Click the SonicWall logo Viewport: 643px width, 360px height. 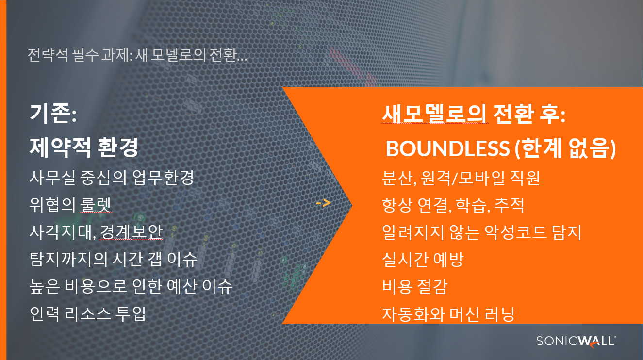tap(576, 342)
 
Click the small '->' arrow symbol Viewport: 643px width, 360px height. tap(324, 203)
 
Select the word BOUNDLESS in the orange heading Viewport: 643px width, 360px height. tap(448, 148)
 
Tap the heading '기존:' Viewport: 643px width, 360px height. tap(53, 114)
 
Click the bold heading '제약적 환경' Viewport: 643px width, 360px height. tap(84, 147)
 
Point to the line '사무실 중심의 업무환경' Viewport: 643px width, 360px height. tap(112, 178)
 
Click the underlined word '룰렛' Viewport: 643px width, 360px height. tap(96, 205)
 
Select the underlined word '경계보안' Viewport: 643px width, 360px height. tap(132, 232)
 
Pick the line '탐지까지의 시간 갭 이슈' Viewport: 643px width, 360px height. tap(114, 259)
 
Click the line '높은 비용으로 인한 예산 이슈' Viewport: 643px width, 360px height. tap(131, 287)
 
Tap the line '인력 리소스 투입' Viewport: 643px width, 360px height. tap(88, 314)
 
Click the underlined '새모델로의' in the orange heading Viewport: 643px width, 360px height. tap(435, 114)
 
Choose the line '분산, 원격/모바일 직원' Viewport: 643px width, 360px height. tap(461, 178)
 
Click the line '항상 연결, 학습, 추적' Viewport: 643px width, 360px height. tap(453, 205)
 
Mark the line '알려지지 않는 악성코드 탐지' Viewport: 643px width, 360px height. tap(482, 232)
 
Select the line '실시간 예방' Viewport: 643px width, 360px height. tap(423, 260)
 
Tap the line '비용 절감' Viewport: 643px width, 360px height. tap(415, 287)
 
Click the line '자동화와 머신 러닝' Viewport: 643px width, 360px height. tap(448, 314)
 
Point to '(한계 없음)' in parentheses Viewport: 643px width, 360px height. tap(565, 148)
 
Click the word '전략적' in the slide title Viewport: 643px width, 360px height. tap(48, 55)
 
